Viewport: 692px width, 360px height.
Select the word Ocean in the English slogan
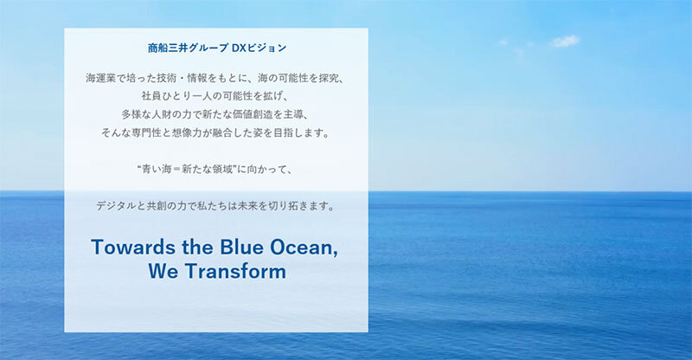click(304, 247)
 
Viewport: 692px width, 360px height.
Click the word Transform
click(235, 271)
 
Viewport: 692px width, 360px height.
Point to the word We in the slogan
click(163, 271)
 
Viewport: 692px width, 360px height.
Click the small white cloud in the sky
click(565, 41)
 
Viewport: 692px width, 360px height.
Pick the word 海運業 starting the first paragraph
click(100, 78)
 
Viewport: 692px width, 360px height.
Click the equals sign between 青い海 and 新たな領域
click(176, 169)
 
